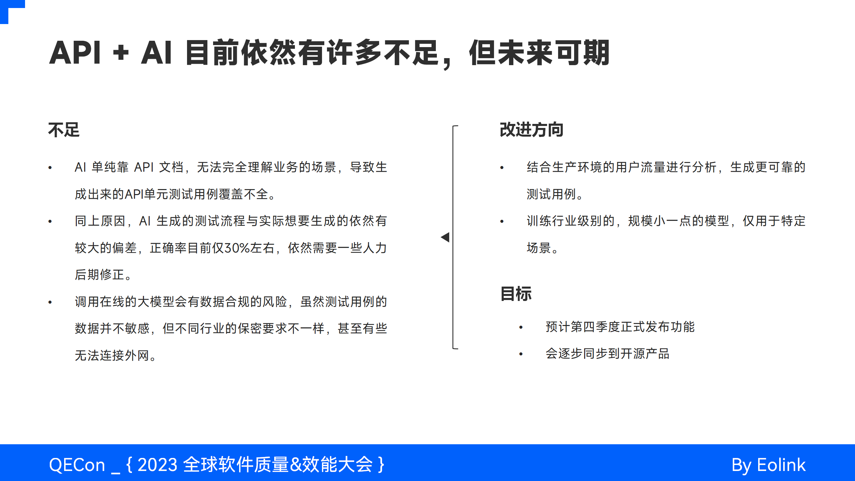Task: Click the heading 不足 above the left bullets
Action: click(x=64, y=130)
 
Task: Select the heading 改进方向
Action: click(x=531, y=130)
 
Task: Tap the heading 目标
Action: click(x=516, y=294)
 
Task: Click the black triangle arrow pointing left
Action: click(x=445, y=237)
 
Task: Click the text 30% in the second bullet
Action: click(x=237, y=248)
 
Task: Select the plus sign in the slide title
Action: click(x=121, y=53)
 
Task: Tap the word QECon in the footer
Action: click(x=77, y=465)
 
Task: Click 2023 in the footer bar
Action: click(x=157, y=465)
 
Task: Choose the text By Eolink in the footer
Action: click(x=768, y=465)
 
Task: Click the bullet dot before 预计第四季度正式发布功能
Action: click(x=521, y=327)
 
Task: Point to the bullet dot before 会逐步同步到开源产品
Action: click(x=521, y=354)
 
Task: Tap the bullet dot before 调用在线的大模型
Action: click(x=50, y=302)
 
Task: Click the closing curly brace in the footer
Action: click(x=381, y=465)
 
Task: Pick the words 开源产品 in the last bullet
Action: click(x=645, y=354)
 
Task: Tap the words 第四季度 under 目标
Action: click(x=595, y=327)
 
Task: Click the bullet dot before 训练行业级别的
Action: click(x=502, y=221)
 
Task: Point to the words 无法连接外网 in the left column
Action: click(x=112, y=355)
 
